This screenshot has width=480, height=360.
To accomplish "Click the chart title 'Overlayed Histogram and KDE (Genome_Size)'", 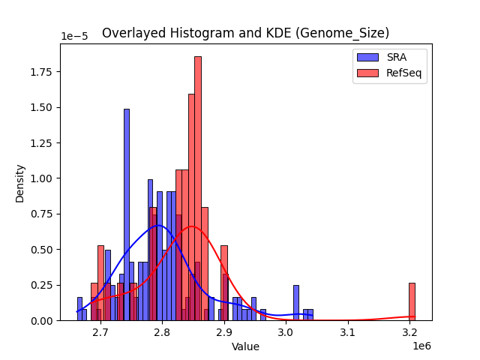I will tap(245, 33).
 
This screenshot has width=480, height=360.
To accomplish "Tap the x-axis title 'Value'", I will tap(245, 346).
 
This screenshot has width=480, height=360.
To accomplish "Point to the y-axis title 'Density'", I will tap(20, 182).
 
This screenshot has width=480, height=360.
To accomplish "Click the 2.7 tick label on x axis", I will tap(100, 331).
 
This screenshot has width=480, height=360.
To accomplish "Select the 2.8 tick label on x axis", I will tap(162, 331).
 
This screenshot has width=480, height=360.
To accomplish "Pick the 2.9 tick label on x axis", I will tap(223, 331).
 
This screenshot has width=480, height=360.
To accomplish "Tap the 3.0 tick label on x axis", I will tap(286, 331).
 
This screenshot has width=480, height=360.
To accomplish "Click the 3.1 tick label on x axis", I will tap(347, 331).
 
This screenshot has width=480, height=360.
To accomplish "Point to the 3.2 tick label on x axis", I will tap(409, 331).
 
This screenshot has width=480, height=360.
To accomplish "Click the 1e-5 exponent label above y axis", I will tap(73, 37).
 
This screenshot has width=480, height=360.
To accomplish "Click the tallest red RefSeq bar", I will tap(198, 187).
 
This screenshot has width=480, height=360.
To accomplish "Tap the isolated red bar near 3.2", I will tap(412, 301).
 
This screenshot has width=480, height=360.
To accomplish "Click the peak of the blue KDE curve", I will tap(157, 225).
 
